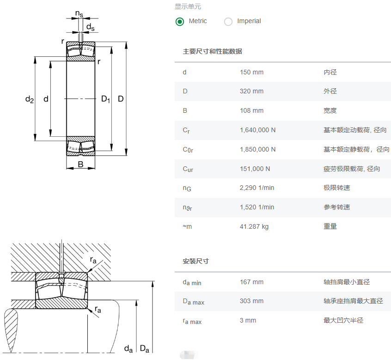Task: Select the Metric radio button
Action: (x=180, y=21)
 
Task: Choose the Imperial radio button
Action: (x=228, y=21)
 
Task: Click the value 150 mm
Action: (x=251, y=72)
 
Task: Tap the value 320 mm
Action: (x=251, y=92)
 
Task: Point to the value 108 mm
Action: (x=251, y=111)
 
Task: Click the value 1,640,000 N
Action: (x=257, y=130)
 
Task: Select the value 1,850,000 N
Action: (x=257, y=150)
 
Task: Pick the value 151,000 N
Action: (x=255, y=169)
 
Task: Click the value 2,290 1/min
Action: (x=257, y=188)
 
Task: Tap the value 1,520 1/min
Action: (x=257, y=207)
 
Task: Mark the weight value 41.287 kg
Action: (x=254, y=227)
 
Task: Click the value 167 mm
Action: (x=251, y=282)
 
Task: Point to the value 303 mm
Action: (x=251, y=301)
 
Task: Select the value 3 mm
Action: (x=248, y=321)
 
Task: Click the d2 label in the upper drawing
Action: (x=30, y=99)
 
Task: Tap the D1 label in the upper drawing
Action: (x=105, y=99)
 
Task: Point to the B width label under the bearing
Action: (x=80, y=165)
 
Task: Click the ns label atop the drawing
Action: (x=79, y=14)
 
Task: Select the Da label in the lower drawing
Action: (x=145, y=348)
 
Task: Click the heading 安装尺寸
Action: (x=195, y=262)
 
